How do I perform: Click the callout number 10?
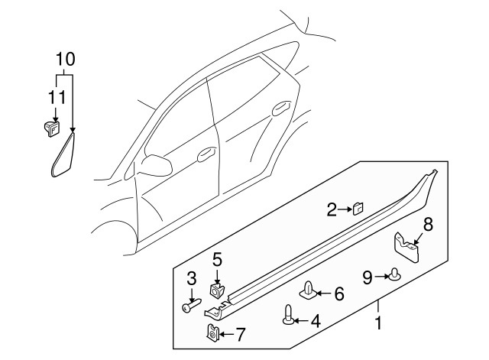(x=65, y=59)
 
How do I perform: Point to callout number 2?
(x=332, y=209)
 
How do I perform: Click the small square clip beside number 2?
(x=357, y=209)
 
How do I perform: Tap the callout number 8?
(x=428, y=224)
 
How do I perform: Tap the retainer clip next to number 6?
(x=308, y=291)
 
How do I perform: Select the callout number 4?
(x=315, y=322)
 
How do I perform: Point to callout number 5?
(x=217, y=259)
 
